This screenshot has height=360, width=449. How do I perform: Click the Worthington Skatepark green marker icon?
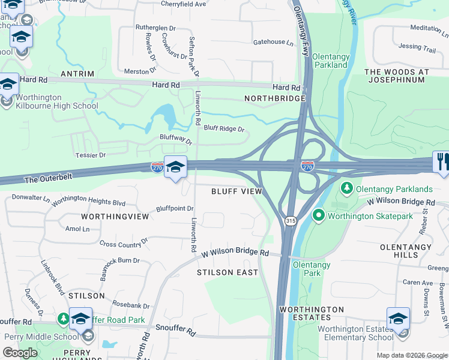[319, 215]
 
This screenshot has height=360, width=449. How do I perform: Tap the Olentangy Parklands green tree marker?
[346, 189]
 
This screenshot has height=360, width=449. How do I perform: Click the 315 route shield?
[291, 221]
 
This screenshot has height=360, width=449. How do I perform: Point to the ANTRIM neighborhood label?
[77, 74]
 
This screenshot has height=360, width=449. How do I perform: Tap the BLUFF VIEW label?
[237, 191]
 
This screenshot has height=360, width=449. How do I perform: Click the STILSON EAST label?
[228, 272]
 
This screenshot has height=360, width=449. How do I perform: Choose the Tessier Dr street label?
[91, 155]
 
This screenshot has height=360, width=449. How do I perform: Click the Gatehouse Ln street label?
[273, 43]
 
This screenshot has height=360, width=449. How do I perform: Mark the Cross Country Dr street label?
[124, 243]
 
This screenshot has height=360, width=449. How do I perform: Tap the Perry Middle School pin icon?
[80, 320]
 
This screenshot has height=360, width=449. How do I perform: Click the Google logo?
[20, 353]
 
